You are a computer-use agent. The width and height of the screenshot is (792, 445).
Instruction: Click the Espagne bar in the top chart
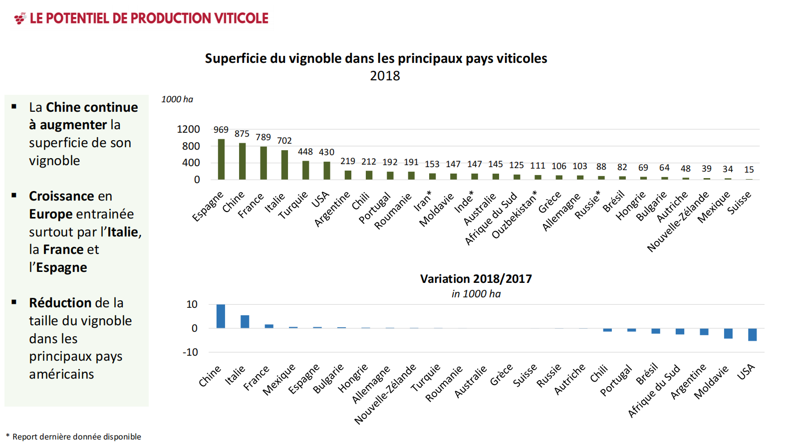(221, 159)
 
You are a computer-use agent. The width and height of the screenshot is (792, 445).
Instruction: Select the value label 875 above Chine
(242, 134)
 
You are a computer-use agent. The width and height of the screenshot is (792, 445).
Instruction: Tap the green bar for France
(264, 163)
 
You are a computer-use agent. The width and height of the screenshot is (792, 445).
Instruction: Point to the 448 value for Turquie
(305, 152)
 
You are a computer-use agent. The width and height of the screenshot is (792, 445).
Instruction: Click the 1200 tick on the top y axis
(188, 129)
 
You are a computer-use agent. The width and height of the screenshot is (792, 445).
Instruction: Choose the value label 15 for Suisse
(749, 170)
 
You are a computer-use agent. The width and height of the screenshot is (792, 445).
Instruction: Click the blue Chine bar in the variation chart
(221, 316)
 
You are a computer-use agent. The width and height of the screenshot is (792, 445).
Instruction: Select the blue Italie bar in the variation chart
(245, 322)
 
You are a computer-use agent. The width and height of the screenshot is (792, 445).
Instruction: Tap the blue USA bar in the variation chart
(752, 334)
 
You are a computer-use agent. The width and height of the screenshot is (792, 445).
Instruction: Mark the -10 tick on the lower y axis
(190, 352)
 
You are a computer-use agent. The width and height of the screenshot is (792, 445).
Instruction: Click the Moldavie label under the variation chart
(711, 383)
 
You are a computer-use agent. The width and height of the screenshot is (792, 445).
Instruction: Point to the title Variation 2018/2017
(476, 279)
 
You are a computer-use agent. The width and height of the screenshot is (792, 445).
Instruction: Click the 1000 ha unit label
(177, 99)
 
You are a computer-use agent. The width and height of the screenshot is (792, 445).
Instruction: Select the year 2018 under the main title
(385, 76)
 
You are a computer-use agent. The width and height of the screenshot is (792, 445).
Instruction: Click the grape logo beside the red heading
(20, 18)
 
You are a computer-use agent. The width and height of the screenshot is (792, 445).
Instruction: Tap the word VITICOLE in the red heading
(242, 18)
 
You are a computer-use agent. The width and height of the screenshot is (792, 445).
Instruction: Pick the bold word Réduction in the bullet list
(60, 303)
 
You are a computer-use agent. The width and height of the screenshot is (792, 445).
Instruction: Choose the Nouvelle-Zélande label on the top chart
(678, 222)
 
